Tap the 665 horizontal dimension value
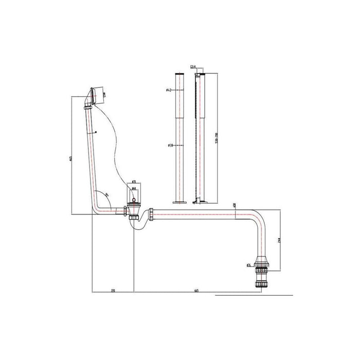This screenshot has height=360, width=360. [197, 291]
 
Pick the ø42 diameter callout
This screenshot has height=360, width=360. [169, 91]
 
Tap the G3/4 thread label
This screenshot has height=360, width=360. [193, 67]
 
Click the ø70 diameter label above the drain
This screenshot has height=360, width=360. [133, 182]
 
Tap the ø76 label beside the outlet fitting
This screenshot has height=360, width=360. [248, 265]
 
